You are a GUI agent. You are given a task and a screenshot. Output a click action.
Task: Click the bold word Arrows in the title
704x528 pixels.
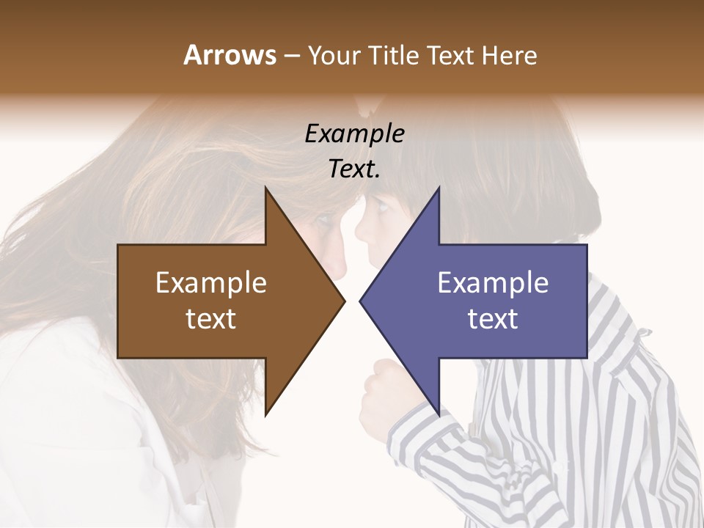tap(229, 55)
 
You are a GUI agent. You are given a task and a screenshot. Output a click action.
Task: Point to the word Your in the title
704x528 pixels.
tap(331, 55)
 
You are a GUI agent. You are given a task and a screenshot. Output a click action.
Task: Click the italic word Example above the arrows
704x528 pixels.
tap(354, 134)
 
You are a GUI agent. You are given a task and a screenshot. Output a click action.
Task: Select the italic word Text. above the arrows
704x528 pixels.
tap(354, 169)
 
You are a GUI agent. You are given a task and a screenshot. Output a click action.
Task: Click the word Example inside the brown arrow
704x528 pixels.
tap(211, 283)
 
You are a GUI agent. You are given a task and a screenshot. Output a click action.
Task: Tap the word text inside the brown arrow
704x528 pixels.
tap(211, 319)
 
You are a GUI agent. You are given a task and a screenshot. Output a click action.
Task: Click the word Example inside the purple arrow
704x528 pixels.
tap(493, 283)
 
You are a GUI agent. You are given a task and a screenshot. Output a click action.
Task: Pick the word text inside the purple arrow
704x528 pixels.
tap(493, 319)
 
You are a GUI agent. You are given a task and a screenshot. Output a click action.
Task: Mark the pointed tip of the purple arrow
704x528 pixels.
tap(361, 301)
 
